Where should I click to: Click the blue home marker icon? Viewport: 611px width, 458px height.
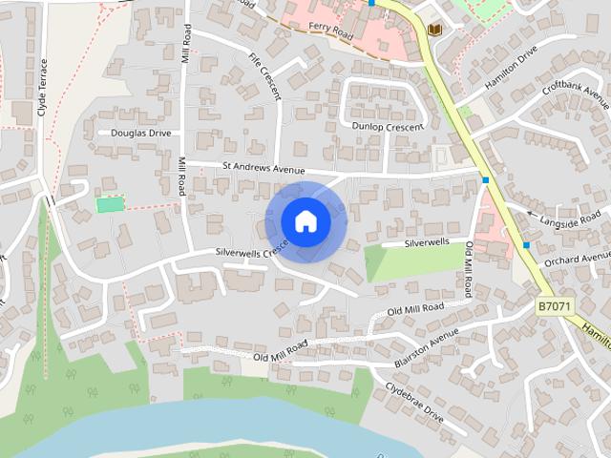point(305,220)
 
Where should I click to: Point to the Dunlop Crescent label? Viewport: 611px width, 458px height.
point(387,127)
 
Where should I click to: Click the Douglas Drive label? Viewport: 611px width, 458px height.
point(141,133)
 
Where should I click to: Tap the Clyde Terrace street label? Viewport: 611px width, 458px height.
point(43,87)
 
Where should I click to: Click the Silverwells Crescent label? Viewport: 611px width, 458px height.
point(250,251)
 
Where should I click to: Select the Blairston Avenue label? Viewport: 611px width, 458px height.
point(427,350)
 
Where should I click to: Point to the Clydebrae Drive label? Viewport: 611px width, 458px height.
point(414,403)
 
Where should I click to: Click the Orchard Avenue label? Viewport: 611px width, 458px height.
point(577,258)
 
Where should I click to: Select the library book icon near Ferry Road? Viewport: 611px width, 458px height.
point(435,31)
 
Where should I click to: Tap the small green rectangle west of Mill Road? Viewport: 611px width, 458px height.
point(110,204)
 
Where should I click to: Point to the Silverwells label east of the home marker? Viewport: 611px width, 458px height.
point(426,243)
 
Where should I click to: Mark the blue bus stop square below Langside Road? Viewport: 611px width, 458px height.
point(526,245)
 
